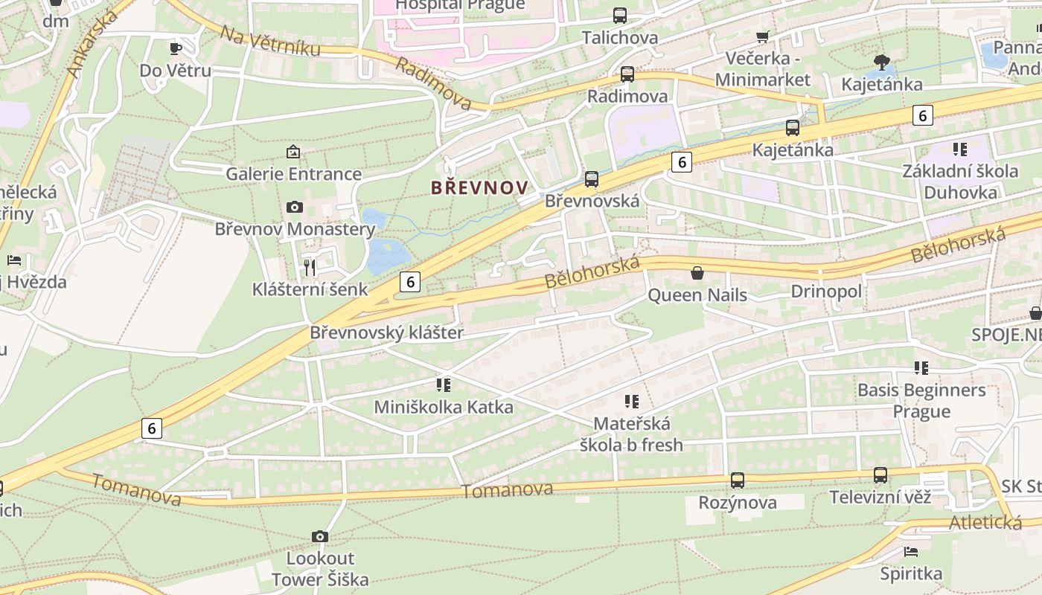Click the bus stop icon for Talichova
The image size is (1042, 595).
coord(619,15)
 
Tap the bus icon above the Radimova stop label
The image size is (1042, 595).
coord(627,74)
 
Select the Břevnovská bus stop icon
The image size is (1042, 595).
coord(592,178)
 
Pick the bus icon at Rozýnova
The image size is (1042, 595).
coord(737,480)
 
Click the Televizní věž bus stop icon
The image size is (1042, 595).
coord(880,475)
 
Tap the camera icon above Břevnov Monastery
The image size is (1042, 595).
coord(294,207)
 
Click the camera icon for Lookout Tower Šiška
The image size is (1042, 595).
coord(320,536)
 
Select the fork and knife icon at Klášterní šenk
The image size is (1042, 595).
coord(310,267)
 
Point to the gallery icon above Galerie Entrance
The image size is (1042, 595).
coord(293,152)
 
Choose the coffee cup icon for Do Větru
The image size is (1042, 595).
coord(175,49)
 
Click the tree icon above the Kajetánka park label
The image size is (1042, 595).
coord(881,62)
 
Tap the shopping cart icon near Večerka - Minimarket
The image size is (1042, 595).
coord(762,36)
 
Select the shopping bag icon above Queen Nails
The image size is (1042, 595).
coord(697,273)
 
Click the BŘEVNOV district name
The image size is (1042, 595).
coord(479,187)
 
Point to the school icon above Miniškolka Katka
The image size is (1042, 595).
coord(444,385)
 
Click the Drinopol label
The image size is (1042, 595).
coord(826,291)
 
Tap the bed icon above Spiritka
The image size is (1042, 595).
coord(910,552)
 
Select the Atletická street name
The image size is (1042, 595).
coord(985,522)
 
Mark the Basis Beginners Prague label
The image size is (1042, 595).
coord(921,400)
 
